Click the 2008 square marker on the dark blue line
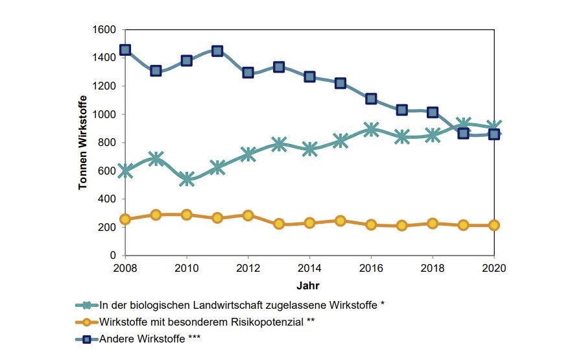125,50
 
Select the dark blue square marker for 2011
217,51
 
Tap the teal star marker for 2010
187,178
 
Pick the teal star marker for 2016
371,130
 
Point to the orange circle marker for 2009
156,215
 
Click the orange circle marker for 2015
340,221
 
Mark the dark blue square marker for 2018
433,112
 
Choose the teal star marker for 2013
279,144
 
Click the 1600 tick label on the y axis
104,30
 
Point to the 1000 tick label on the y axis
104,114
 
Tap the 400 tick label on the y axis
107,199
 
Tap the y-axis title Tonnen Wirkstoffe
83,143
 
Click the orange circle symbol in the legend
85,321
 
